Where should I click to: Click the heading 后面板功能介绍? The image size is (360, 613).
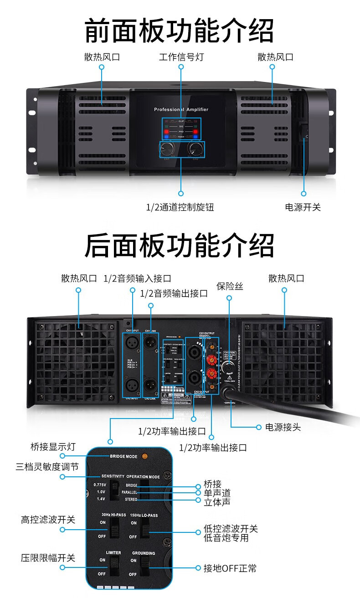click(x=180, y=245)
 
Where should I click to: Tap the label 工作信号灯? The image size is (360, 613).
click(x=181, y=57)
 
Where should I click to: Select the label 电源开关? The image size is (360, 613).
click(x=303, y=208)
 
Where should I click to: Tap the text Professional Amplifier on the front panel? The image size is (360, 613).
click(x=181, y=110)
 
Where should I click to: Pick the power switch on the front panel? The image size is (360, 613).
click(x=303, y=133)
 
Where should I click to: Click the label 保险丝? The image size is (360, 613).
click(x=229, y=286)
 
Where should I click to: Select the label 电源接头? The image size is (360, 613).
click(x=283, y=428)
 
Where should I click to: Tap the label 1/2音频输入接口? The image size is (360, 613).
click(x=137, y=278)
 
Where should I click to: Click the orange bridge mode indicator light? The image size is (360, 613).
click(x=145, y=456)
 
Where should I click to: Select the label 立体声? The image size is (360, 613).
click(x=217, y=501)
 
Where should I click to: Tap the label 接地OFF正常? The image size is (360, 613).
click(x=230, y=568)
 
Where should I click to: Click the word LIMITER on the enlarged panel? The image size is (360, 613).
click(x=113, y=553)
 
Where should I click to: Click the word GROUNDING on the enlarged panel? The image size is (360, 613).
click(x=144, y=553)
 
